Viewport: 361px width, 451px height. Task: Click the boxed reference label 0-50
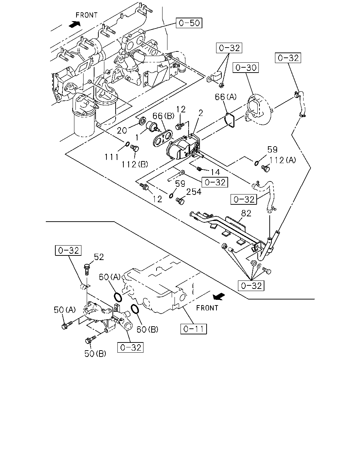pyautogui.click(x=189, y=23)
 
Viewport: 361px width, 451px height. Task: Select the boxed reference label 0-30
pyautogui.click(x=246, y=68)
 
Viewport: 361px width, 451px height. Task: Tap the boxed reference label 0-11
pyautogui.click(x=194, y=329)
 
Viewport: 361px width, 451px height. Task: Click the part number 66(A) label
pyautogui.click(x=226, y=97)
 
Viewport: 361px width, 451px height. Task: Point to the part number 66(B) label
pyautogui.click(x=164, y=116)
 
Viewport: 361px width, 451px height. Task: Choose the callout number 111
pyautogui.click(x=112, y=157)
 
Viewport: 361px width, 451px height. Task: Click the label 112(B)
pyautogui.click(x=135, y=165)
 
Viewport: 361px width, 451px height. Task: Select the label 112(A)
pyautogui.click(x=282, y=160)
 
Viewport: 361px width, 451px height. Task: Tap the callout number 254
pyautogui.click(x=194, y=192)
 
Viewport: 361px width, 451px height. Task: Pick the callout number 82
pyautogui.click(x=246, y=214)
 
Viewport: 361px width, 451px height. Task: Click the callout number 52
pyautogui.click(x=99, y=257)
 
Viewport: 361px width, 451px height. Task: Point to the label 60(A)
pyautogui.click(x=110, y=277)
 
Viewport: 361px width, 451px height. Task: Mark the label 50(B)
pyautogui.click(x=95, y=353)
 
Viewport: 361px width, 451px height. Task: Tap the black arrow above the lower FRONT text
pyautogui.click(x=219, y=296)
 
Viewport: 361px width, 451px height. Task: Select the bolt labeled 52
pyautogui.click(x=87, y=269)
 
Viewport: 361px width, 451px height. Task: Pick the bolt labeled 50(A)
pyautogui.click(x=67, y=325)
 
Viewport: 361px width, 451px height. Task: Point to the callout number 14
pyautogui.click(x=215, y=172)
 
